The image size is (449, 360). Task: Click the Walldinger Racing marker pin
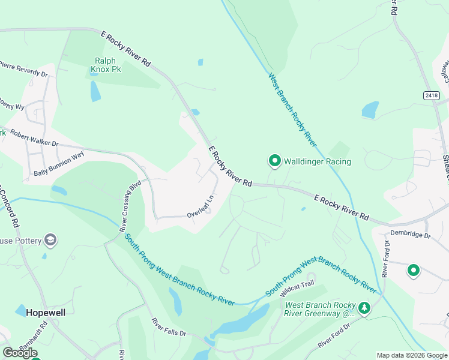point(274,160)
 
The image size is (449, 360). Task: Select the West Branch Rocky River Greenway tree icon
point(364,308)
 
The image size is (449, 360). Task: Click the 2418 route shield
point(430,95)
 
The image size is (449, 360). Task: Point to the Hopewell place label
point(46,313)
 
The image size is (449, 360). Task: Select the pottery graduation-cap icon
point(50,241)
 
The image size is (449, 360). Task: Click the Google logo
point(20,353)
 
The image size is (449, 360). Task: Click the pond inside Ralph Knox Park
point(95,91)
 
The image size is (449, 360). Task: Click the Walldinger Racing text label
point(317,161)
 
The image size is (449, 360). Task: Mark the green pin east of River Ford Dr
point(413,271)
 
